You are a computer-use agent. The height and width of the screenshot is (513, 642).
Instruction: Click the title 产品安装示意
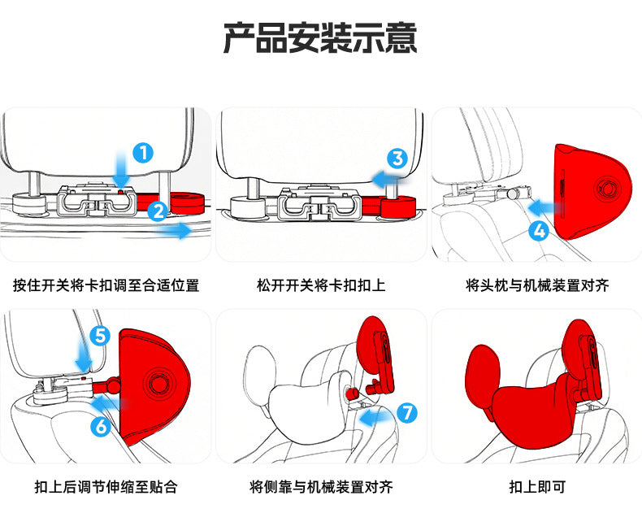[x=320, y=38]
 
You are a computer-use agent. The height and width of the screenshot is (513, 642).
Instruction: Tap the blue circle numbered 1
[x=143, y=152]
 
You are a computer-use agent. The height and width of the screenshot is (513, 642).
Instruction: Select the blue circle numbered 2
[x=158, y=210]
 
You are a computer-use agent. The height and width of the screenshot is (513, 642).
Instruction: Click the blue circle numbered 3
[x=397, y=159]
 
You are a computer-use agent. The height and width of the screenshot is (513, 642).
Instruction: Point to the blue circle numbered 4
[x=538, y=230]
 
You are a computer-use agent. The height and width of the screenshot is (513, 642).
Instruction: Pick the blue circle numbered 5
[x=98, y=335]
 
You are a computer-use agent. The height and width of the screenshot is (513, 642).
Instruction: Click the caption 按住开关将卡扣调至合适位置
[x=106, y=285]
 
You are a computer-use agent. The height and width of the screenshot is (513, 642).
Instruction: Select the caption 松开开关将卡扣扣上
[x=321, y=285]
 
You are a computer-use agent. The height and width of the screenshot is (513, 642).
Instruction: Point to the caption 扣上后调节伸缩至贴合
[x=106, y=487]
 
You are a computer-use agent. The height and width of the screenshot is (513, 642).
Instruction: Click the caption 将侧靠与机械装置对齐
[x=321, y=487]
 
